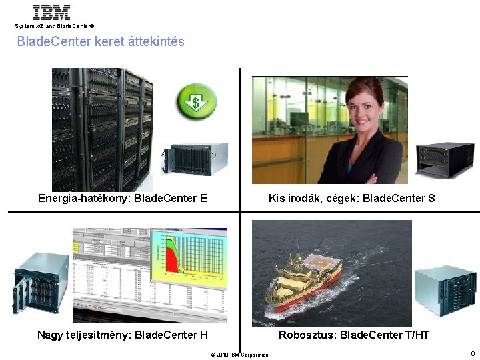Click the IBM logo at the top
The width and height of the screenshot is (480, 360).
pos(51,12)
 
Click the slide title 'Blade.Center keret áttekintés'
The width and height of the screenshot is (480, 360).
pos(101,42)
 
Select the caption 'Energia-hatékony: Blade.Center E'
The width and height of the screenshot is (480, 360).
pos(123,198)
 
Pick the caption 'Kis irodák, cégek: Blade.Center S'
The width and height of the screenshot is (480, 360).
pos(351,198)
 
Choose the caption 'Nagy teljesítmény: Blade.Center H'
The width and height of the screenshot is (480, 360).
pos(123,335)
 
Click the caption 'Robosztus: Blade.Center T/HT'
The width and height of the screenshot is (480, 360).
pos(354,335)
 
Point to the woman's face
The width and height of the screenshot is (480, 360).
pos(365,107)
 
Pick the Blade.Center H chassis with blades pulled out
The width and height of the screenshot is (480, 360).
pos(40,283)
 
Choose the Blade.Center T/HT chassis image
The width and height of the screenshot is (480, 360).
pos(445,291)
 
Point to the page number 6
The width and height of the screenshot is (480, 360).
pos(472,353)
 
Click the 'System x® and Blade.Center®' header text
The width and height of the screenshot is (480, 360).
pos(55,26)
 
